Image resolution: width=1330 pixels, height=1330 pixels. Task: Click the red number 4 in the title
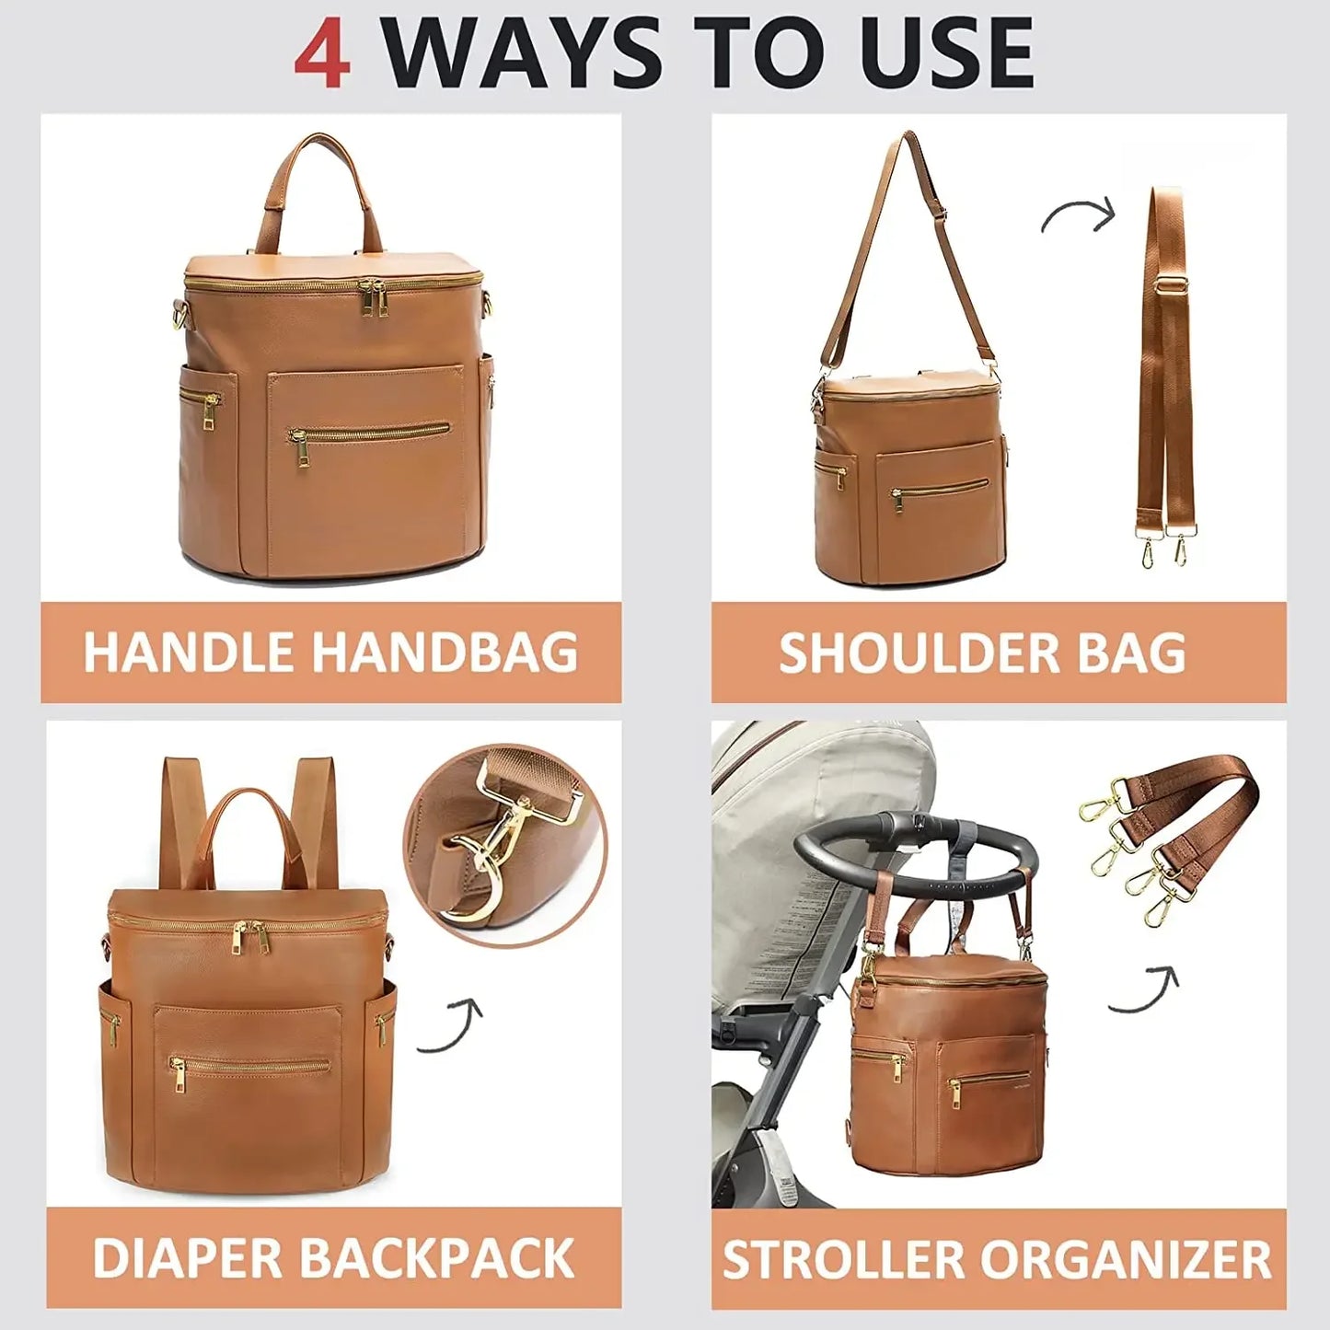(x=322, y=52)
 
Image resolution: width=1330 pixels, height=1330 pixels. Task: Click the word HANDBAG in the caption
(x=444, y=653)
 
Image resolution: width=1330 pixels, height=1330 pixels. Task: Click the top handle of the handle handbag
(x=319, y=175)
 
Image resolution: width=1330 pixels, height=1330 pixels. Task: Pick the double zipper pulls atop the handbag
(x=374, y=299)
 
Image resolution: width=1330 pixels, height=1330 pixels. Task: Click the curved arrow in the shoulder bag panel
(x=1078, y=215)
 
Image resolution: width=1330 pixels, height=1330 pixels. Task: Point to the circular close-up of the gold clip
(x=505, y=845)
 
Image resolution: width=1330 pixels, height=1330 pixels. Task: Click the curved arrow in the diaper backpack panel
(x=451, y=1026)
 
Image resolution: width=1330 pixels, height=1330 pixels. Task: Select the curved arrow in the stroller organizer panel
(x=1144, y=990)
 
